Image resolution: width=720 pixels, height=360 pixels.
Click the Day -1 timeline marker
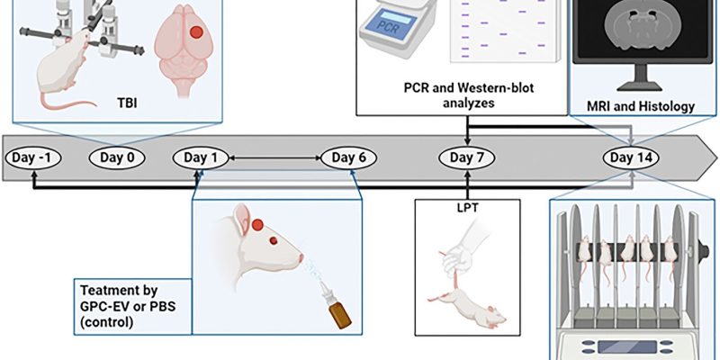(33, 158)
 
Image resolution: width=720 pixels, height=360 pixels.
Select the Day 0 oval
(117, 158)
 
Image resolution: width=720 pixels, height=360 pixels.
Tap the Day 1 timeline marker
(201, 158)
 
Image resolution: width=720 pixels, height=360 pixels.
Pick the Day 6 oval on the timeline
(348, 158)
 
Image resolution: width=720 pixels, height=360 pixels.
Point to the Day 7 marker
(467, 158)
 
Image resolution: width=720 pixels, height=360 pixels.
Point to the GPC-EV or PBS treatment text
(131, 306)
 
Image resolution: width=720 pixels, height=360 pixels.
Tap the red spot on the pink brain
(195, 32)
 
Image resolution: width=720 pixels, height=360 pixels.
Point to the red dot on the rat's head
(258, 224)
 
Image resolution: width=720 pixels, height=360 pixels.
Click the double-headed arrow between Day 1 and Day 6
(274, 158)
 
